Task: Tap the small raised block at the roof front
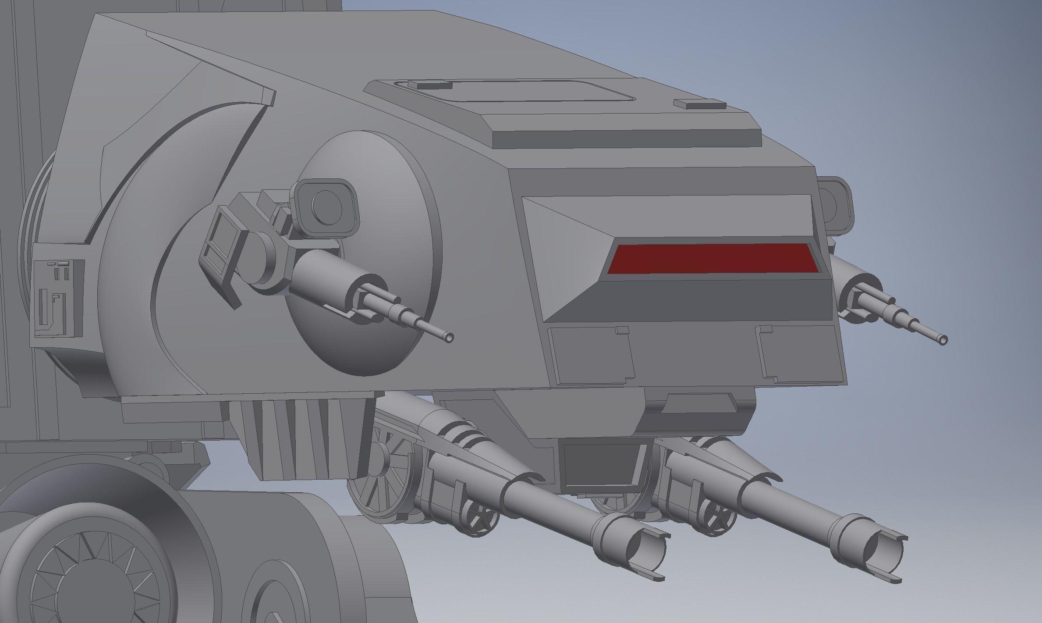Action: click(699, 104)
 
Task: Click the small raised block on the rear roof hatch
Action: click(429, 84)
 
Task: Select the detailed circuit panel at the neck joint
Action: click(58, 297)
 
